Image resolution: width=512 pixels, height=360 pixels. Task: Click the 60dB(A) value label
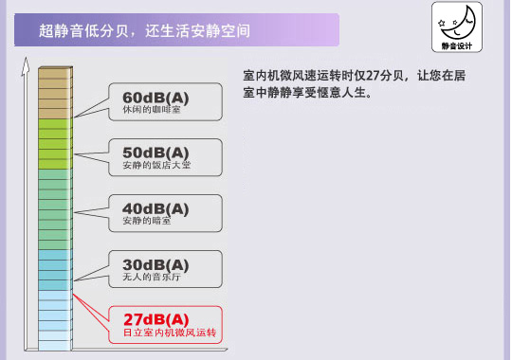156,96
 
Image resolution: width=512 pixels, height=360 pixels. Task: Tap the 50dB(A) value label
156,152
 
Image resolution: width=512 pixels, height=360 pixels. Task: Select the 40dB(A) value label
156,207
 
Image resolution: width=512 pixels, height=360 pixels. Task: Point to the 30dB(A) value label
156,263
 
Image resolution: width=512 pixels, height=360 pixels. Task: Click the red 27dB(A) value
156,318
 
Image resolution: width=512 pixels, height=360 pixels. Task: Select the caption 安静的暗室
147,222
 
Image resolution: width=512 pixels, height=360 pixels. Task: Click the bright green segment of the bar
54,143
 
